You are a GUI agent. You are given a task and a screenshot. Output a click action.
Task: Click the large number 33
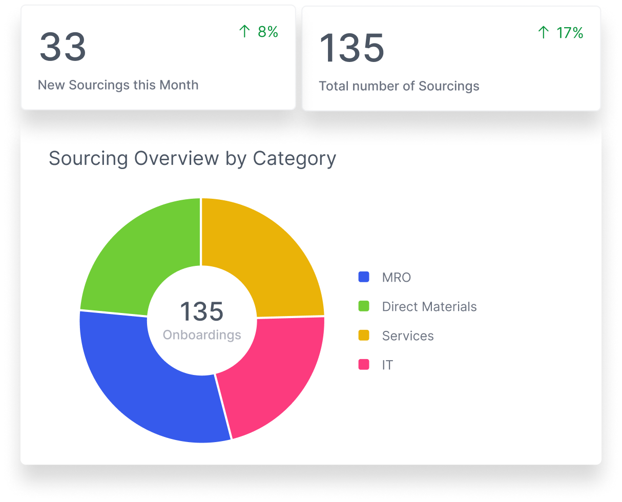coord(63,47)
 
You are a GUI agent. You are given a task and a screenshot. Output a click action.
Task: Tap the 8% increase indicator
coord(259,32)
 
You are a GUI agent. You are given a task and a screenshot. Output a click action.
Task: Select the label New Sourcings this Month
coord(118,85)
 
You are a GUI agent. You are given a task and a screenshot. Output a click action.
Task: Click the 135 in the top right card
coord(351,48)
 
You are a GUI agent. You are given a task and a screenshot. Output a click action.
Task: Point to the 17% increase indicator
coord(561,33)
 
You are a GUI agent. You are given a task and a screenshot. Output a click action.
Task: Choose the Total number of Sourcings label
coord(399,86)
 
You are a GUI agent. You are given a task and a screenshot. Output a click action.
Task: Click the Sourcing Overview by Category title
coord(192,158)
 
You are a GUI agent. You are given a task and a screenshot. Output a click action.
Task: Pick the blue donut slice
coord(149,389)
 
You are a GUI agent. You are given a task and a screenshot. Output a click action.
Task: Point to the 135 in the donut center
coord(201,312)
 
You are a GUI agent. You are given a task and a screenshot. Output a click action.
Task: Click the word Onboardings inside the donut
coord(202,335)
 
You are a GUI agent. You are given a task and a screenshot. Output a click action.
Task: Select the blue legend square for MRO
coord(364,277)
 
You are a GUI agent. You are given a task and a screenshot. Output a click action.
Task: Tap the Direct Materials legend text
coord(429,306)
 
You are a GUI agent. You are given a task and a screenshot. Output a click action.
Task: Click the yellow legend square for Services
coord(364,336)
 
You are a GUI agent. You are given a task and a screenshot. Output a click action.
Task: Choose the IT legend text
coord(387,365)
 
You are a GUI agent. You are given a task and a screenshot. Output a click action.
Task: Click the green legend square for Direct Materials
coord(364,306)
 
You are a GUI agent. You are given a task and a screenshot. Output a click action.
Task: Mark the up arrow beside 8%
coord(244,32)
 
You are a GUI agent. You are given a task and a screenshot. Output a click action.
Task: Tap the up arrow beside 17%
coord(544,33)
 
